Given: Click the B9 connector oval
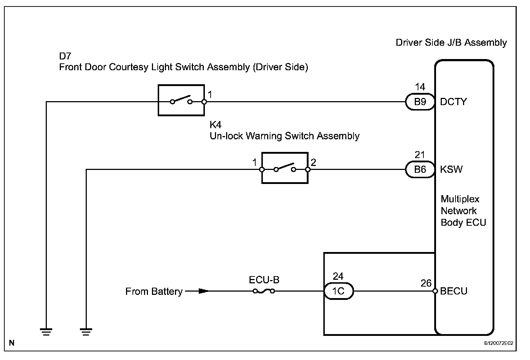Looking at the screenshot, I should click(x=420, y=102).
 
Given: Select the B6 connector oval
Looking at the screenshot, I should click(x=420, y=170).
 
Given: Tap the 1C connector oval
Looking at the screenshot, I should click(x=338, y=291).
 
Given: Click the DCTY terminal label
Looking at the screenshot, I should click(x=453, y=102).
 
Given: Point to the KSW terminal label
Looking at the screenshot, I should click(x=451, y=170).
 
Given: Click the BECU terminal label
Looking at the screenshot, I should click(x=454, y=291).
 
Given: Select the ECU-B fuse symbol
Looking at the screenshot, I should click(x=264, y=291).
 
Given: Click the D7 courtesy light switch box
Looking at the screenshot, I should click(x=181, y=100).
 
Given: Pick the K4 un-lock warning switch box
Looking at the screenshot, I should click(x=285, y=168).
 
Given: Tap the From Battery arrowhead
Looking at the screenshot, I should click(x=203, y=291).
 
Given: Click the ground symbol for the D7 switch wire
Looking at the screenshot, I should click(x=46, y=332).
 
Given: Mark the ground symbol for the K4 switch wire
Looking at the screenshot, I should click(x=86, y=332).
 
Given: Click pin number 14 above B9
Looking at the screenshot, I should click(x=420, y=87).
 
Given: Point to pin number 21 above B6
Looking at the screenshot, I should click(x=420, y=155).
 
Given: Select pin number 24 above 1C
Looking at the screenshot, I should click(x=338, y=276).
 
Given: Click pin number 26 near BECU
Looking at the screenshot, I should click(x=426, y=283).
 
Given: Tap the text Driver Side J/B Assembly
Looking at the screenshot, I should click(x=451, y=42).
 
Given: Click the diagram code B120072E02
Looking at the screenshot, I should click(x=498, y=343).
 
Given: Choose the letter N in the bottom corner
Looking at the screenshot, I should click(x=12, y=343).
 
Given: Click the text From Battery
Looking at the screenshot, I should click(x=154, y=291).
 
